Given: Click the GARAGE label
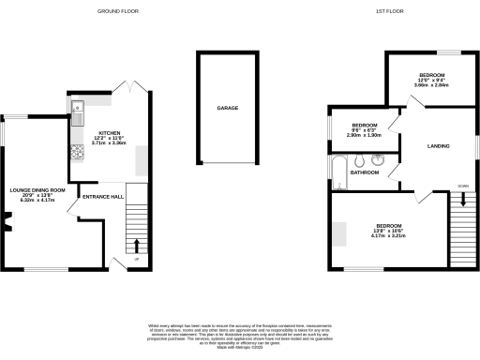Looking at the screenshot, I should point(229,109).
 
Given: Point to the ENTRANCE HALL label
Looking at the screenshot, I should point(103,197).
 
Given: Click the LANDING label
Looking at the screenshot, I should point(438,146).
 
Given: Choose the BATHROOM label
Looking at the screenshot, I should point(365,172).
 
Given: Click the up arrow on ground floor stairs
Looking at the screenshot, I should point(137,246).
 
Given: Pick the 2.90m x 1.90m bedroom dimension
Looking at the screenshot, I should point(365,136).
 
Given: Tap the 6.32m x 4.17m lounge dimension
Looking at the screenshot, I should point(38,201).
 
